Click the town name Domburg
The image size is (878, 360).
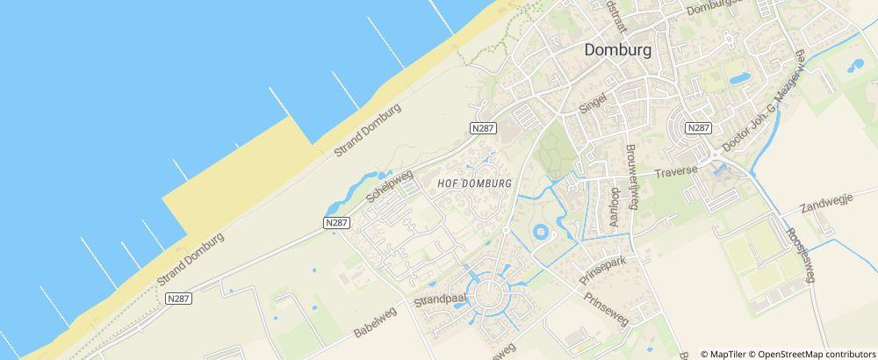[x=619, y=50]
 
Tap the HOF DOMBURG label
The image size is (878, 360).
[x=474, y=184]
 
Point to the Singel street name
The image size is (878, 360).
[x=594, y=103]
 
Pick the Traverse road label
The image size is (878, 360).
[x=675, y=169]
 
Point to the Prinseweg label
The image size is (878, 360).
[x=606, y=309]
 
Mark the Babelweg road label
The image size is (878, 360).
[x=376, y=321]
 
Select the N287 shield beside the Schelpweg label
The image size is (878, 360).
[x=336, y=223]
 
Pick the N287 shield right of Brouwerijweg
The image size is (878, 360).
[x=698, y=127]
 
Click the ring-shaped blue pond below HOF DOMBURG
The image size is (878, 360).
[x=542, y=233]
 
